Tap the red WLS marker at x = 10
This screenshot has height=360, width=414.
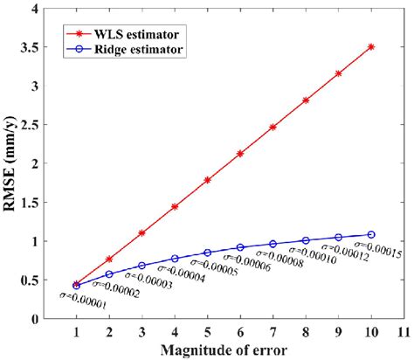coord(371,46)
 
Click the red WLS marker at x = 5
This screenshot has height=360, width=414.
coord(207,180)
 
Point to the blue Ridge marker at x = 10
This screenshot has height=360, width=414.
coord(371,234)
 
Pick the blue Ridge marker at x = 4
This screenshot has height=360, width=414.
coord(175,259)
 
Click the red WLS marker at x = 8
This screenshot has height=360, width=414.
coord(306,100)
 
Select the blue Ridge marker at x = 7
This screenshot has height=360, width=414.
coord(273,244)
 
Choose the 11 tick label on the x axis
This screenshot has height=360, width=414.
coord(404,333)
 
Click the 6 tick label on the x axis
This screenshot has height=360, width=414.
coord(240,333)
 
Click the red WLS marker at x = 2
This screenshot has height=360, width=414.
coord(109,259)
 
